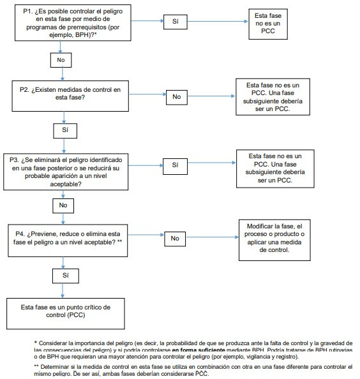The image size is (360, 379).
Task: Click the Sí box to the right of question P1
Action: coord(176,22)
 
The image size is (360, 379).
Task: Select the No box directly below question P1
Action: coord(61,60)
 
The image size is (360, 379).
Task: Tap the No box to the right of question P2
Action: coord(177,97)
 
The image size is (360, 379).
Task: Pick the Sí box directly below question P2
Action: coord(65,131)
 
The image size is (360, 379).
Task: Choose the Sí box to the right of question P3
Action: coord(175,167)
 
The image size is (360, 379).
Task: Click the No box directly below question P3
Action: coord(63,205)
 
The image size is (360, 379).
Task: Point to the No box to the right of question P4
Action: coord(175,239)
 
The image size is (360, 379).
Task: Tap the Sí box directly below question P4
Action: coord(66,276)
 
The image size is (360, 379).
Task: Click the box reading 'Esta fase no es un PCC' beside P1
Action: coord(268,24)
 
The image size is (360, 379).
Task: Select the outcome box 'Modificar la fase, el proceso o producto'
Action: coord(274,240)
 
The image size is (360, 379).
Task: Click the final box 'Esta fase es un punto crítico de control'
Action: coord(66,313)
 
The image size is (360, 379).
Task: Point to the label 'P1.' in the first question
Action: coord(28,11)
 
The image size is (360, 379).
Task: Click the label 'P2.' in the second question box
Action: coord(24,90)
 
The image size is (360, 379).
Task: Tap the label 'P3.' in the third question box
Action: coord(14,160)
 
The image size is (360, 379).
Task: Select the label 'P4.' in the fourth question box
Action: coord(20,234)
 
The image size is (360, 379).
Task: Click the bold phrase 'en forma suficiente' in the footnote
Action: coord(199,350)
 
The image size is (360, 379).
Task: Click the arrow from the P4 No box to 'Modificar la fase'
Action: coord(213,237)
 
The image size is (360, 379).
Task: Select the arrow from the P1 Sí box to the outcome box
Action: coord(218,21)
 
